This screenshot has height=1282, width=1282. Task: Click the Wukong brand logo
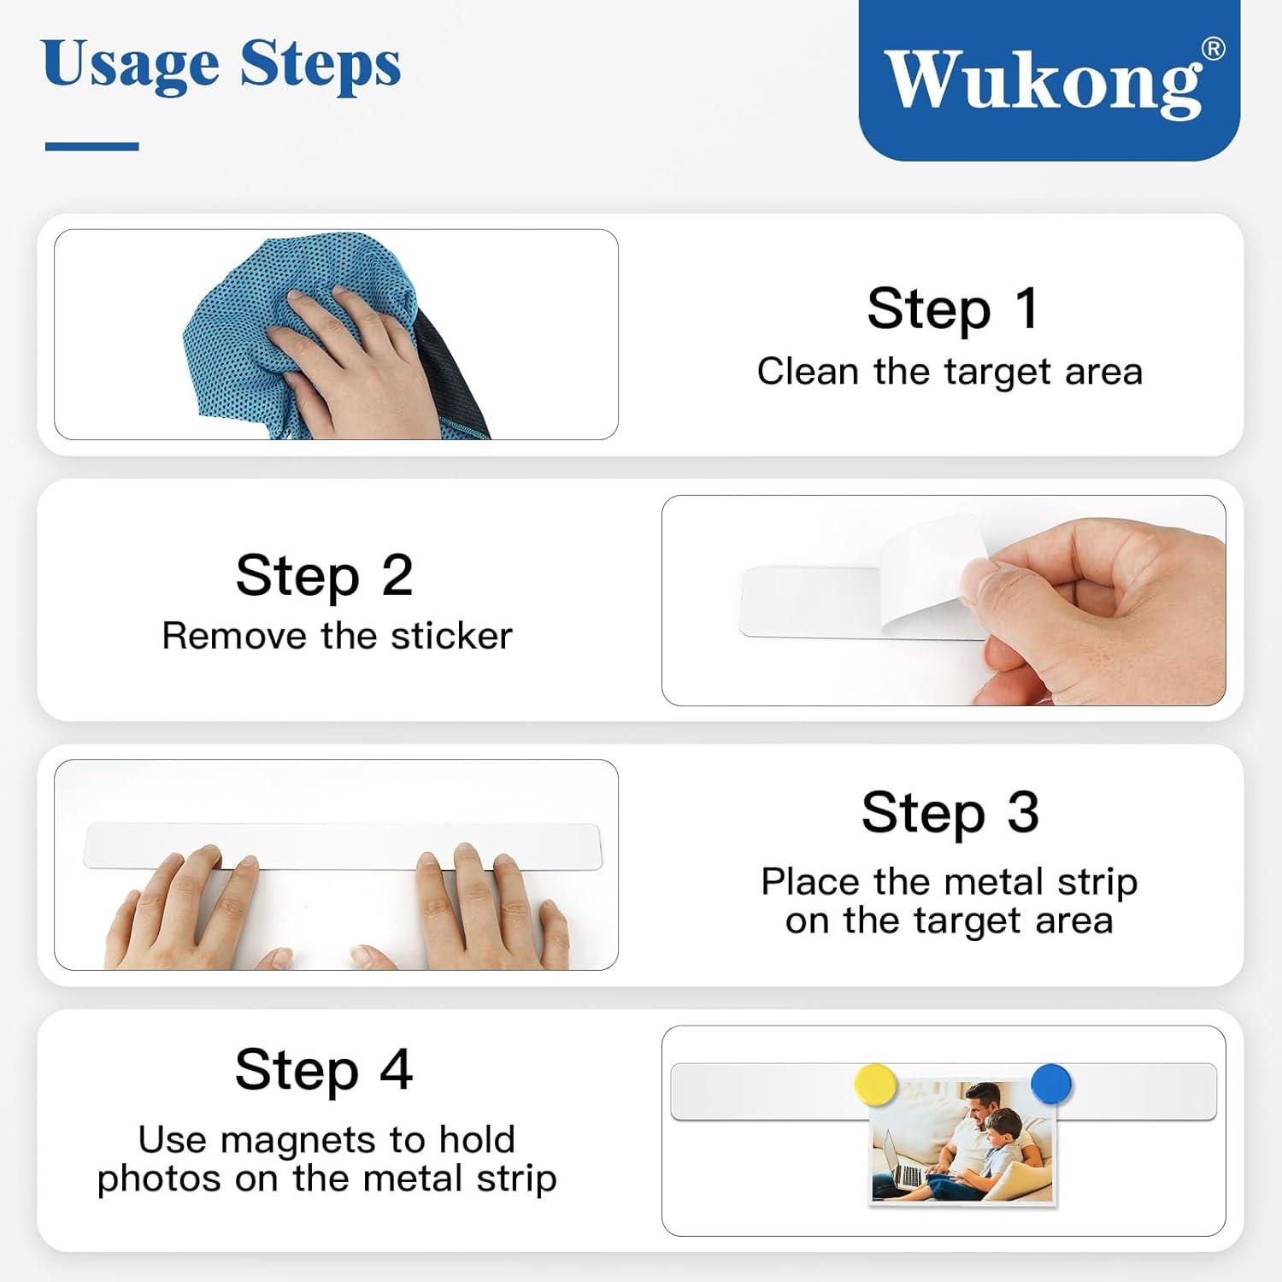pos(1049,79)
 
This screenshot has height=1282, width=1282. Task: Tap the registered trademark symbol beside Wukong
pos(1213,50)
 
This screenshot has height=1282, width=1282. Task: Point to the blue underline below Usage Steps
pos(91,147)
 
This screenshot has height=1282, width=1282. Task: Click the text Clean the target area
pos(950,372)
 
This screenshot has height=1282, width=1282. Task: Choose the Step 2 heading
pos(325,574)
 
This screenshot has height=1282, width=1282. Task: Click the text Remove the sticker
pos(337,636)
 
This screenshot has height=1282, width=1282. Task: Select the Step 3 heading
pos(950,812)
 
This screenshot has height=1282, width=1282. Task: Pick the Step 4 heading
pos(324,1069)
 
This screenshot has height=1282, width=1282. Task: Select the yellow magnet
pos(875,1085)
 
